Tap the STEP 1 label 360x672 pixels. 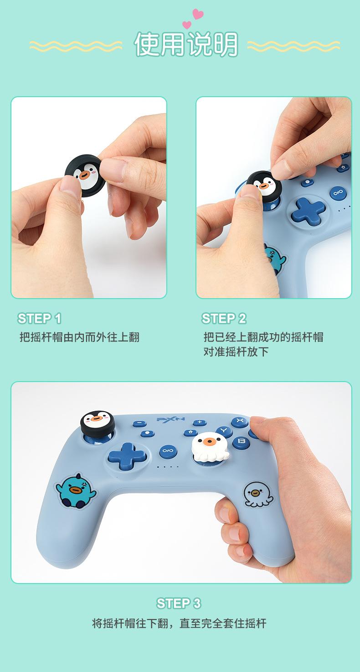(x=40, y=318)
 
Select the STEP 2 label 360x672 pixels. (x=224, y=318)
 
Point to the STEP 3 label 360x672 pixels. (x=179, y=604)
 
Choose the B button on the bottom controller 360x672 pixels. (x=242, y=442)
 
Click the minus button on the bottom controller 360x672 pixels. (x=140, y=424)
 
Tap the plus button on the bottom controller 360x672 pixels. (x=199, y=423)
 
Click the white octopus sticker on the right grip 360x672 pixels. (x=257, y=494)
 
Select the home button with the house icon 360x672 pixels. (x=190, y=433)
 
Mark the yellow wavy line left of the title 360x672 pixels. (x=76, y=46)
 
